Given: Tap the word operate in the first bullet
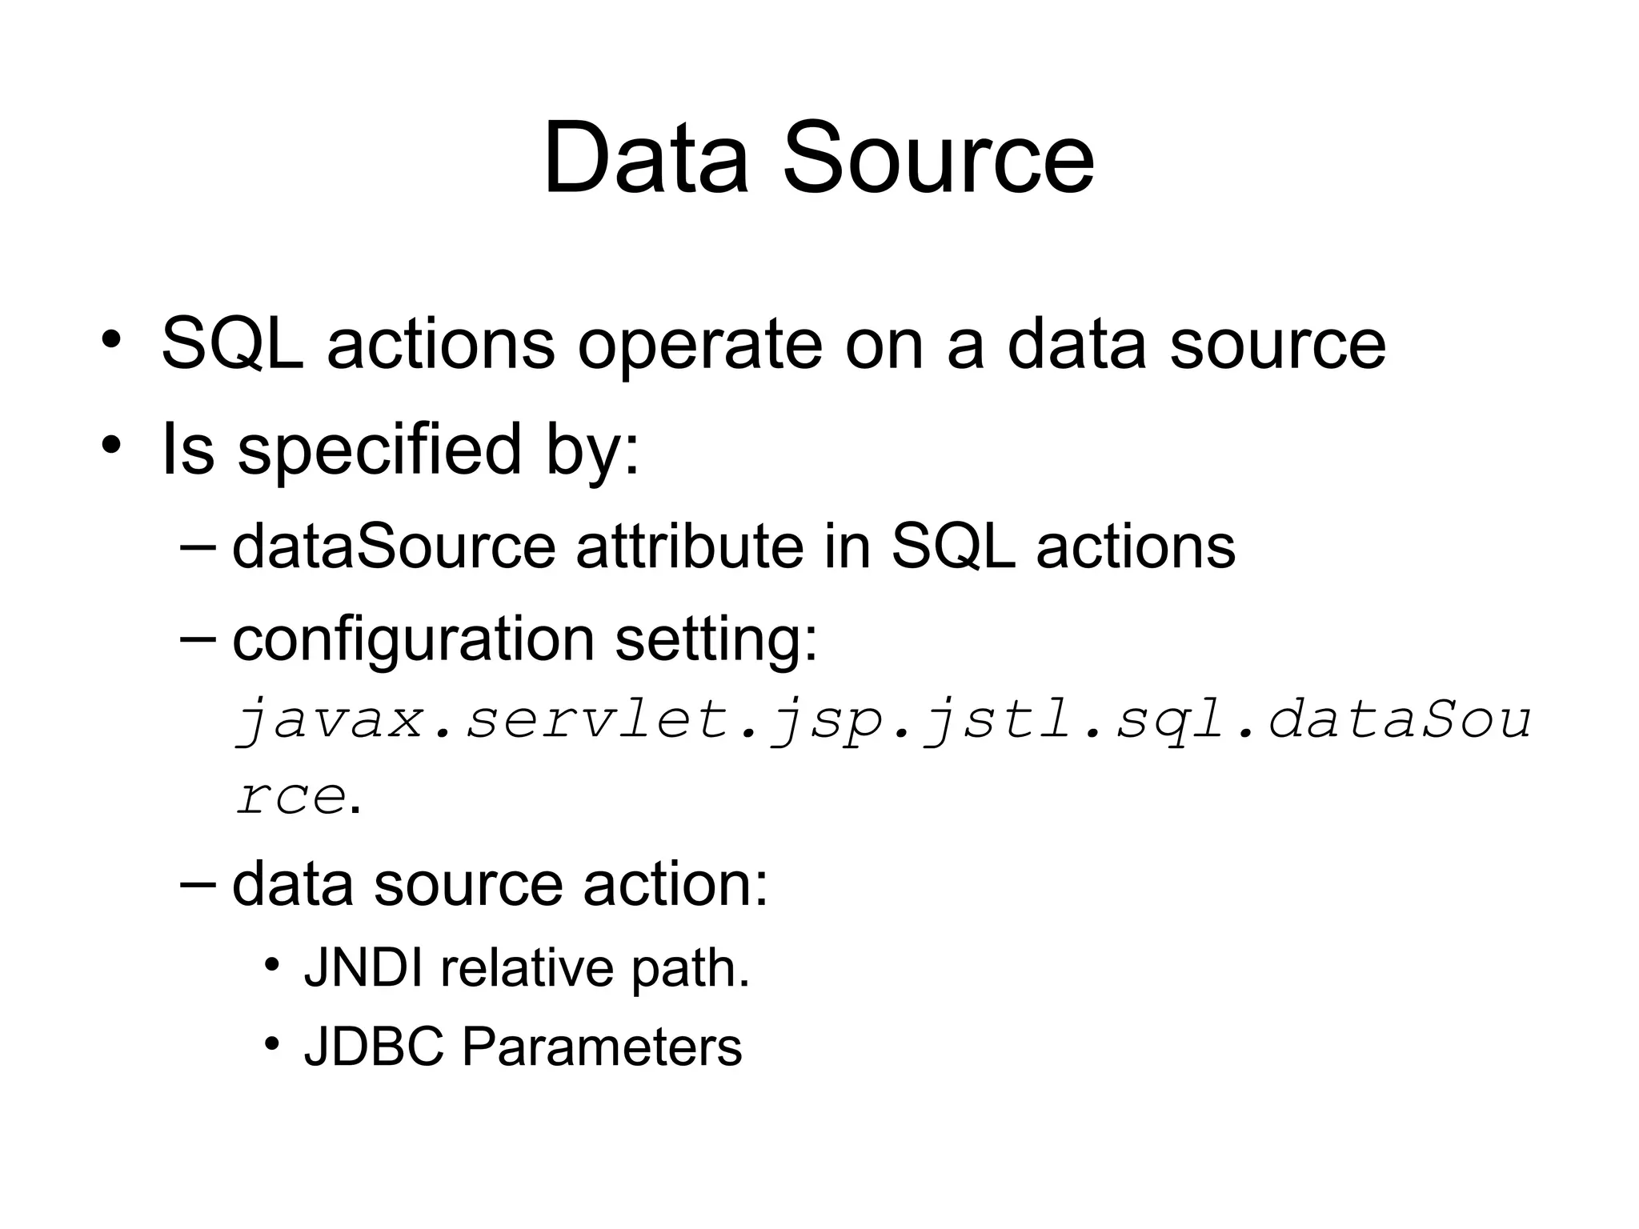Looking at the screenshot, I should [x=699, y=346].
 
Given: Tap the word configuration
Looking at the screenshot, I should [x=413, y=641].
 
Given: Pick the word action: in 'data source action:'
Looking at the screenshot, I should [x=675, y=885].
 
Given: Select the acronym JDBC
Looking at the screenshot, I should [x=374, y=1047].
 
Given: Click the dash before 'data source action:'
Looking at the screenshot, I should [x=198, y=883].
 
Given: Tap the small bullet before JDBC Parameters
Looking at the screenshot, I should [x=273, y=1043].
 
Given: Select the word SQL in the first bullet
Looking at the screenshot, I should [x=232, y=346].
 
